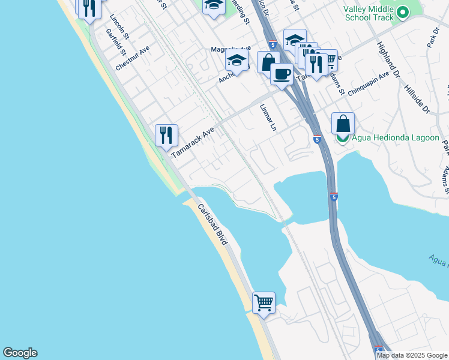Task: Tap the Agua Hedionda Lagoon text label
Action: pos(395,137)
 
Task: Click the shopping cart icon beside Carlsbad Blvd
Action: pos(264,302)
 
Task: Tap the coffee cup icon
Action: pos(281,74)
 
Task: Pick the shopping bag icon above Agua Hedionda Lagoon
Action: pos(343,124)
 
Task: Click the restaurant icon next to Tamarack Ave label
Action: pos(166,134)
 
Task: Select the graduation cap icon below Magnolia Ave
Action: pos(237,61)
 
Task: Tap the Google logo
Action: pos(20,353)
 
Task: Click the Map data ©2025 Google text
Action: pos(412,355)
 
